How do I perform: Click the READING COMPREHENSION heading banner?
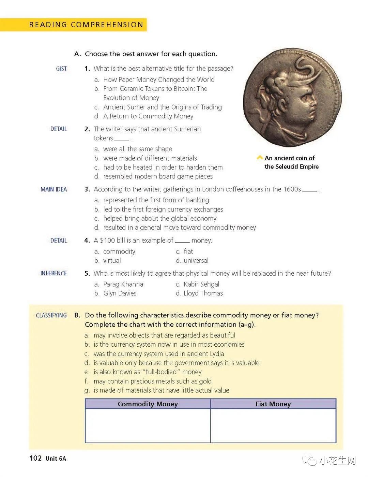86,25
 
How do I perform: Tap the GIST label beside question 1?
61,69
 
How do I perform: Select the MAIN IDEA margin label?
53,189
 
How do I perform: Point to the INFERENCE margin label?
53,273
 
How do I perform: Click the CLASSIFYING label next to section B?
51,315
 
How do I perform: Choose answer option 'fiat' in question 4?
188,251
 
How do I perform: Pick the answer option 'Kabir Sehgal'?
201,284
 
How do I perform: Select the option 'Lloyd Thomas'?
203,293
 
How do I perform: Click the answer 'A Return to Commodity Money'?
148,116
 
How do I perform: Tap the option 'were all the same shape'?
137,149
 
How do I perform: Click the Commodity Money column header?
148,404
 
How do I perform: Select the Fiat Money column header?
273,404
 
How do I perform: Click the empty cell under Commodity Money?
148,425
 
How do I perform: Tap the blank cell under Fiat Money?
273,425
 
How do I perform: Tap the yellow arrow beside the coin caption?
260,158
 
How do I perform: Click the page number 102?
35,458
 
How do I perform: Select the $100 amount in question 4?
107,241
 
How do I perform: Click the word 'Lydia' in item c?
215,354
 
